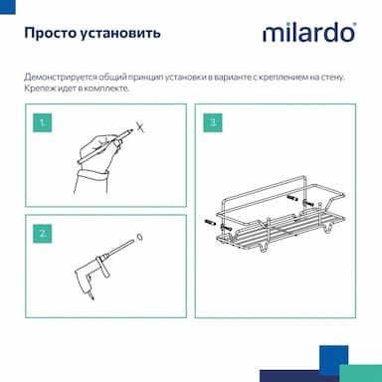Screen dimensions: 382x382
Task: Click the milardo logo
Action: tap(309, 33)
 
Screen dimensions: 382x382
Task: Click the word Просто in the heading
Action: tap(51, 33)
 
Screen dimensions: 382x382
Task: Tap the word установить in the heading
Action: tap(120, 34)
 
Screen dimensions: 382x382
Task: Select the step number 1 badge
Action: tap(43, 123)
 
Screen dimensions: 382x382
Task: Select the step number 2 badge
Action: tap(43, 234)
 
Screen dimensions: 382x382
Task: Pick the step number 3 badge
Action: tap(213, 122)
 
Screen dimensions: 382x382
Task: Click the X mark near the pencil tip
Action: tap(140, 126)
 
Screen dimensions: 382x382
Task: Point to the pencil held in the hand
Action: tap(105, 146)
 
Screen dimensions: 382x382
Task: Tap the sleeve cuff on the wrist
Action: tap(92, 175)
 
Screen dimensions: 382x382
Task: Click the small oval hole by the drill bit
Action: tap(140, 237)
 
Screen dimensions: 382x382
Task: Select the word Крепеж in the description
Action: tap(36, 89)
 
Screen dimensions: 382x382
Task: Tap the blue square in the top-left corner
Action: tap(8, 7)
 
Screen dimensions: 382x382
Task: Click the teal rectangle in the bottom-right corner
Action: tap(360, 373)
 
